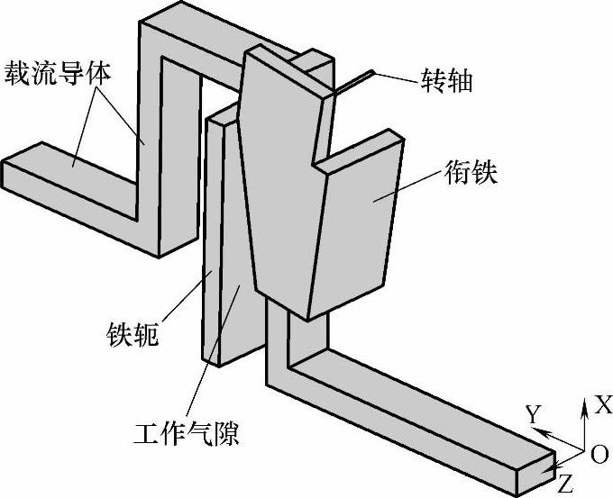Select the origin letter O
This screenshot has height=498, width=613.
click(599, 456)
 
